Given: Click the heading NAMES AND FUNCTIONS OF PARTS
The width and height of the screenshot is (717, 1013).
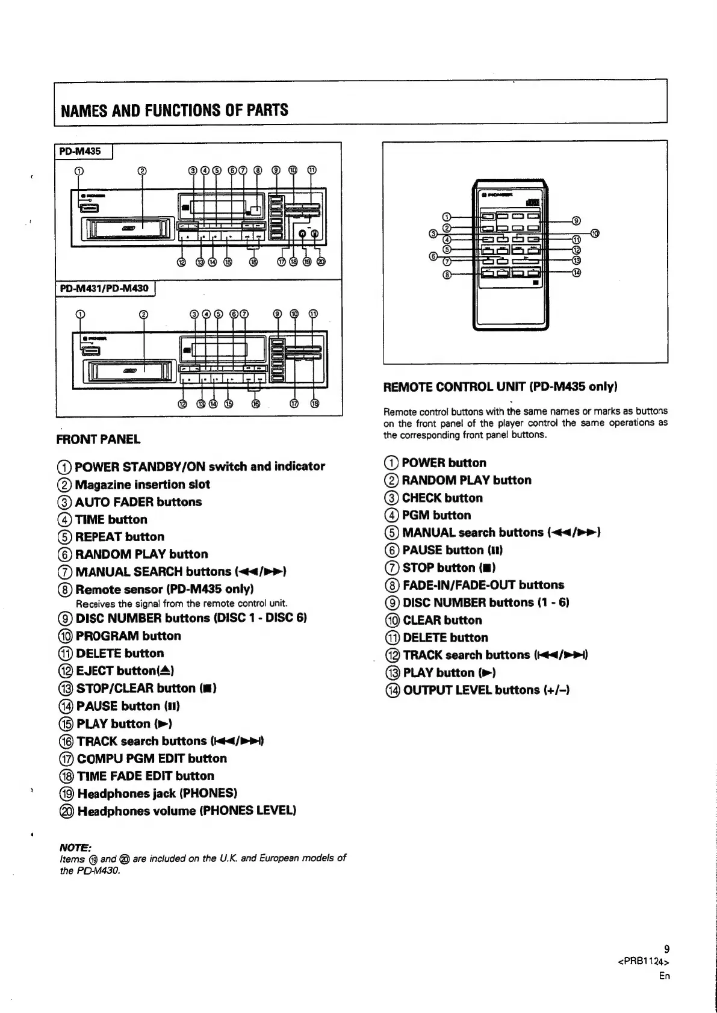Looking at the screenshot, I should (x=174, y=110).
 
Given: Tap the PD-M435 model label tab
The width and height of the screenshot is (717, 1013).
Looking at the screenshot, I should (x=79, y=151).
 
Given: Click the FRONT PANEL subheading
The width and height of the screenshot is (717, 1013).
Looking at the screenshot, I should (x=98, y=439).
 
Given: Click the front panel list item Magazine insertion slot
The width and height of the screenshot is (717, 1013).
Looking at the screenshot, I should (x=142, y=485).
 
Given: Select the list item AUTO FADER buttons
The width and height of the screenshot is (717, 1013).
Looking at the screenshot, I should (x=138, y=502).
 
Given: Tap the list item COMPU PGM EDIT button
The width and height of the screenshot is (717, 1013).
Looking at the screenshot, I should (x=151, y=758).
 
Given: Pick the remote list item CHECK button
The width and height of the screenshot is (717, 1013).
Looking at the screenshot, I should (x=442, y=498).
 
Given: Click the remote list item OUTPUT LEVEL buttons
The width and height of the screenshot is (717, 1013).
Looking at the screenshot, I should (x=485, y=690).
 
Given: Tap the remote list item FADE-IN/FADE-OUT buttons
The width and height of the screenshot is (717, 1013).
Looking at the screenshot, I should (x=483, y=585).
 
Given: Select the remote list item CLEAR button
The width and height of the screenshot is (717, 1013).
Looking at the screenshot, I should (x=442, y=620).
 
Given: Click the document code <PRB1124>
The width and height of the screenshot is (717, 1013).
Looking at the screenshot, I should (x=644, y=961).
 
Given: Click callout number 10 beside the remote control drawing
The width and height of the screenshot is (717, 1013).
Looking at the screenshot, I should (x=595, y=233).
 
